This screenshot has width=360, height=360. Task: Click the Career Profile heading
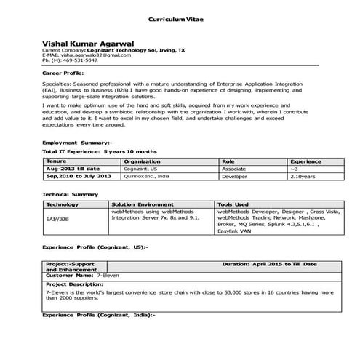tap(63, 74)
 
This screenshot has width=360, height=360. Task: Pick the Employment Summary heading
tap(77, 142)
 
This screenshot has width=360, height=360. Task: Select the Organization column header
tap(143, 161)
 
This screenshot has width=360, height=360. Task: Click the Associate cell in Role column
tap(234, 168)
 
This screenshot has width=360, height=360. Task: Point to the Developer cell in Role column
tap(235, 175)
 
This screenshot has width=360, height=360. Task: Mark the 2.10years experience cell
tap(303, 175)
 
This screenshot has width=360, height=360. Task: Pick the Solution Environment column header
tap(143, 205)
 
